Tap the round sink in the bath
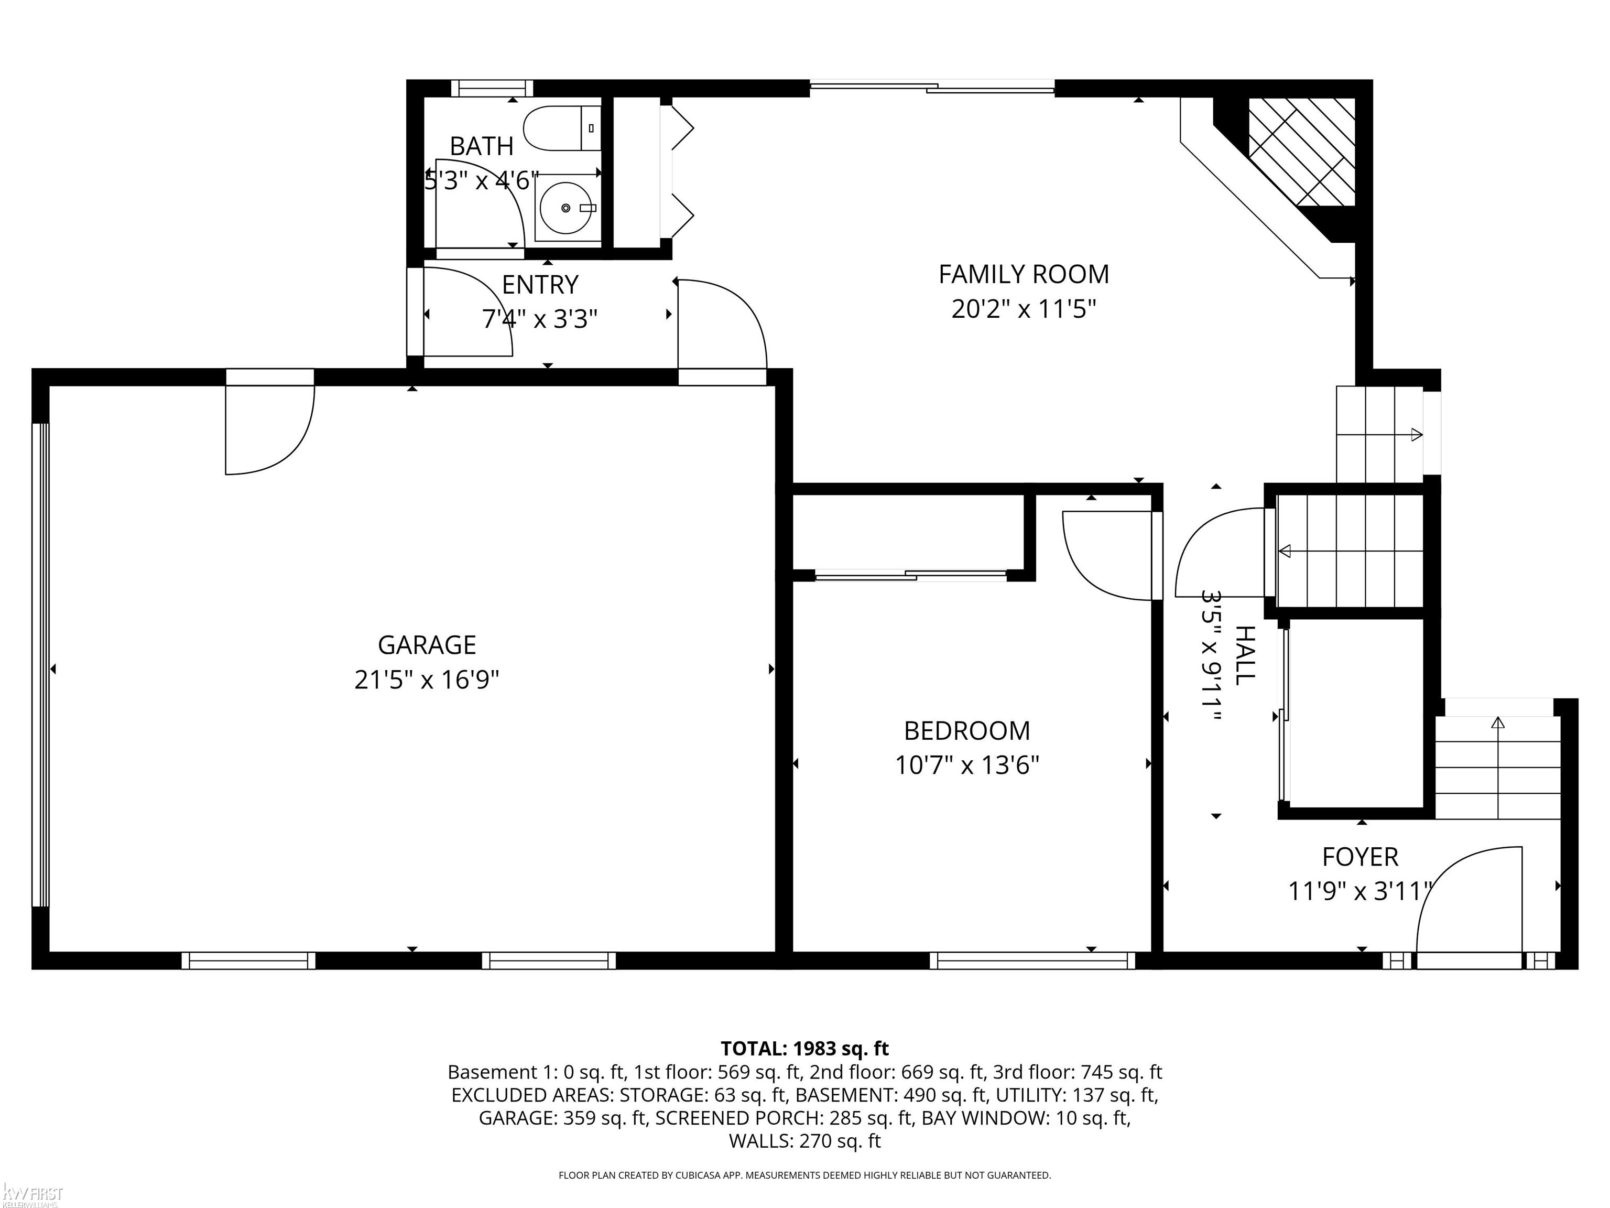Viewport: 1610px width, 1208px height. tap(565, 208)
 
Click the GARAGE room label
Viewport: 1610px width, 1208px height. tap(427, 644)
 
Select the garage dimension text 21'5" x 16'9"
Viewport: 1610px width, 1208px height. tap(427, 680)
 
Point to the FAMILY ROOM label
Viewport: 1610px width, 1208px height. tap(1024, 275)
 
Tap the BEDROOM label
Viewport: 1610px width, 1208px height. tap(966, 730)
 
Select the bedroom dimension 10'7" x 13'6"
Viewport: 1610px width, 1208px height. tap(966, 765)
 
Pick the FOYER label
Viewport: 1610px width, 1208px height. tap(1359, 857)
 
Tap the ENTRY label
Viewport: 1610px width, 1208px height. tap(540, 285)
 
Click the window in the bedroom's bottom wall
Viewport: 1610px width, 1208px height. tap(1032, 961)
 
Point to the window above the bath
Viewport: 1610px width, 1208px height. tap(492, 88)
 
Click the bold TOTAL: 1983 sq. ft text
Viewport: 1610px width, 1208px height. tap(804, 1049)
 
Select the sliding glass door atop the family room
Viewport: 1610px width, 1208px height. tap(932, 88)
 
